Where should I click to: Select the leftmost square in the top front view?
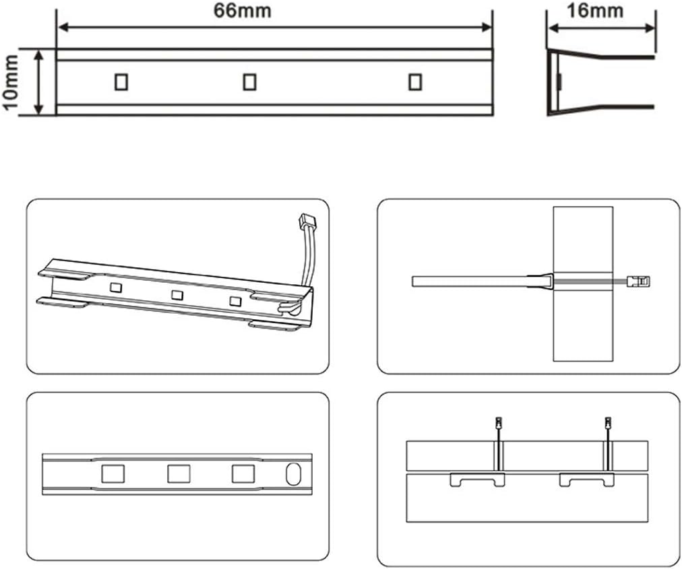pos(121,81)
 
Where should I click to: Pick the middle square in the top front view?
pos(250,81)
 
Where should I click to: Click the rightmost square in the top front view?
pos(415,81)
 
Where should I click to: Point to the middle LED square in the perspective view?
pos(177,294)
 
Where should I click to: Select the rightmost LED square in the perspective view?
pos(235,301)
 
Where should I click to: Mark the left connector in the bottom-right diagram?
pos(498,424)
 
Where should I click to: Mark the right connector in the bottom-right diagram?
pos(607,424)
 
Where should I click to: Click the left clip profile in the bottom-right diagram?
pos(477,480)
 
